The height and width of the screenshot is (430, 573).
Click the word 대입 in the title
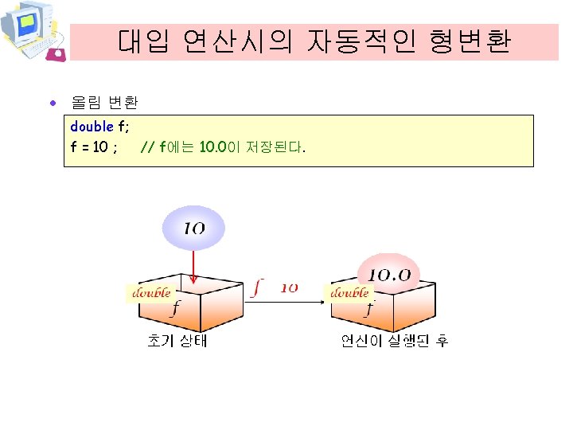coord(144,41)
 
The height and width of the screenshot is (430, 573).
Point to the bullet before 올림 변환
coord(53,104)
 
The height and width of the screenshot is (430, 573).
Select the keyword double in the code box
coord(92,127)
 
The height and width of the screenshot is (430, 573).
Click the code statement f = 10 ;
coord(95,147)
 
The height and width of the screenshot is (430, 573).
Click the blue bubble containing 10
coord(194,229)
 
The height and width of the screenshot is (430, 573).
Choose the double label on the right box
coord(349,292)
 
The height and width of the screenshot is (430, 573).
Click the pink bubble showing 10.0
coord(389,273)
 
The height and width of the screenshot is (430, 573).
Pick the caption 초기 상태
coord(177,341)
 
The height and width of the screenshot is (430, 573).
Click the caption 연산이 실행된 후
coord(394,341)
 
